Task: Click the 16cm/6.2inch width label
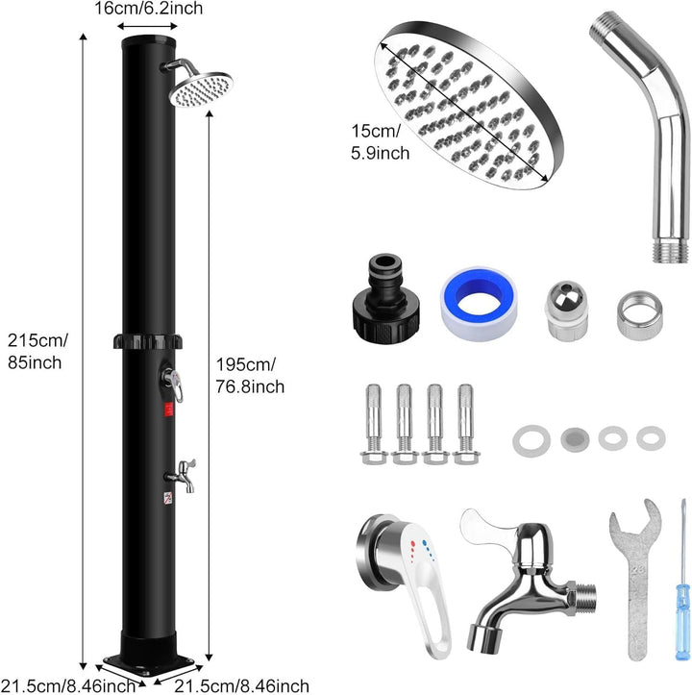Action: tap(149, 8)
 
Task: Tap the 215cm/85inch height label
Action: tap(37, 352)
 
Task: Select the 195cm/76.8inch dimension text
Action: tap(250, 376)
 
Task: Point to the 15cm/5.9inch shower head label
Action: tap(380, 142)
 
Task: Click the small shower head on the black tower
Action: tap(200, 90)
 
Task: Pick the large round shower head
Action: tap(469, 105)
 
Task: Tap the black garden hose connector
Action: tap(385, 296)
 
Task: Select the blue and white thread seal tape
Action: tap(480, 303)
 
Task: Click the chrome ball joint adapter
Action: tap(566, 310)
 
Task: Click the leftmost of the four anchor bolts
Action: tap(374, 424)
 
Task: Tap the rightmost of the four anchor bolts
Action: tap(465, 424)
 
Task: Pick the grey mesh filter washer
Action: tap(575, 439)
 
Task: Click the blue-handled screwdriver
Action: tap(682, 581)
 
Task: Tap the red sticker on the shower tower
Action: tap(169, 410)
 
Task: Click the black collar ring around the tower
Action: tap(148, 341)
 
